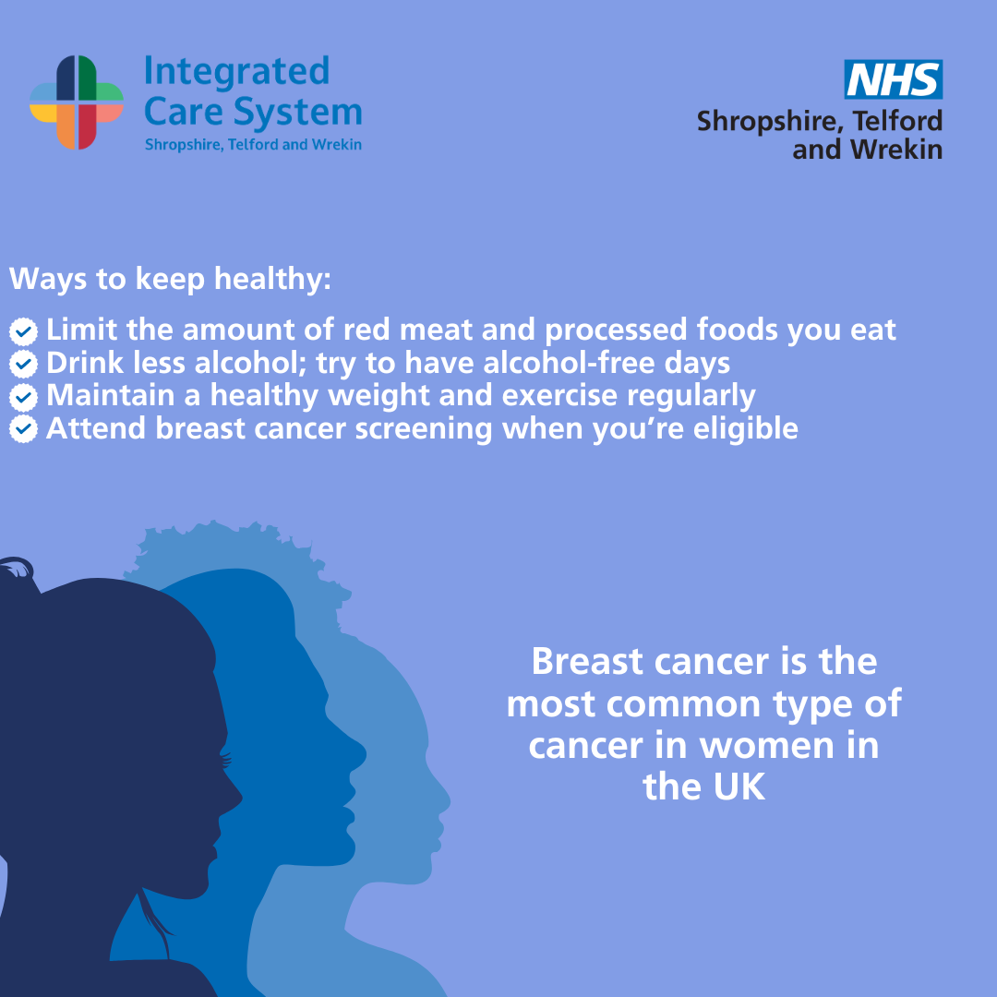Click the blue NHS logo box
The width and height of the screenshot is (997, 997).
pos(893,79)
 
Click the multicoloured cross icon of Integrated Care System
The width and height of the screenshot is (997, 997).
pos(77,102)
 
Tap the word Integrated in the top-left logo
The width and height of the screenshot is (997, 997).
pos(236,71)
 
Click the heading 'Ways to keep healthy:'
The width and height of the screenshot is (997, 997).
pos(170,279)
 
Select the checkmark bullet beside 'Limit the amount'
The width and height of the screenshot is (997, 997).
pos(23,330)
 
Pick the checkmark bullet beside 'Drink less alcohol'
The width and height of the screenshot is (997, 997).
pos(23,364)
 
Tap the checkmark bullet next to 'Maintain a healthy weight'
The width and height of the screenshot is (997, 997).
pos(23,396)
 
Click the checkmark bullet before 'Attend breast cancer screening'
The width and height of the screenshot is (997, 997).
pos(23,429)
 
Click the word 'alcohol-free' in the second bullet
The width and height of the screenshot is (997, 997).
pos(569,363)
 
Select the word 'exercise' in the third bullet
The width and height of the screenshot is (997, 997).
pos(559,395)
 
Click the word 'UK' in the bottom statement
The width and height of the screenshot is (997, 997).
pos(739,787)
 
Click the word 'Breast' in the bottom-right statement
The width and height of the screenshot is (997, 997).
pos(587,661)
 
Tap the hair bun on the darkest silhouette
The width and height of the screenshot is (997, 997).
pos(16,569)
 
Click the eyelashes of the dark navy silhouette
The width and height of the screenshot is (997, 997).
pos(226,759)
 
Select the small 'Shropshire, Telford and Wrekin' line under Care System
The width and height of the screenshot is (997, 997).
pos(253,145)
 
